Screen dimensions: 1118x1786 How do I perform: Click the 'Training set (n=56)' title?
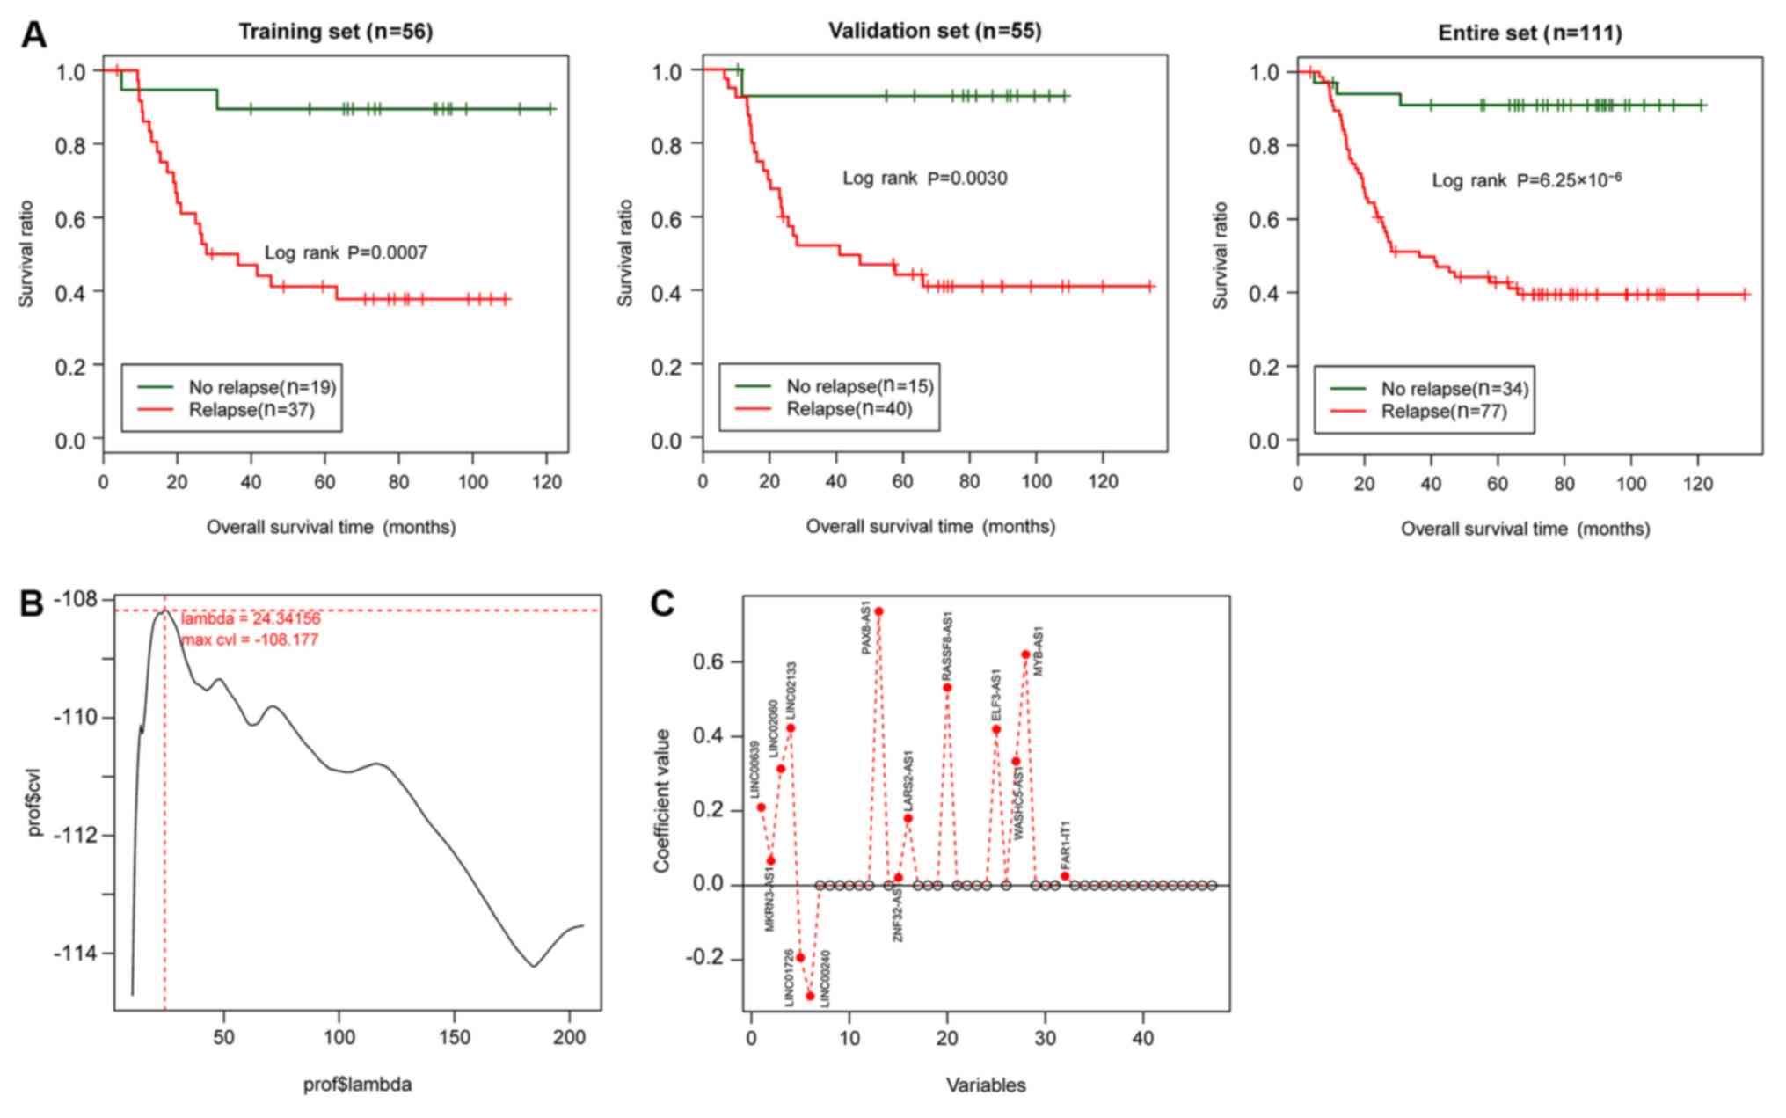point(335,32)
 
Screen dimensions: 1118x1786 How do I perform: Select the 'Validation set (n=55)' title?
point(934,31)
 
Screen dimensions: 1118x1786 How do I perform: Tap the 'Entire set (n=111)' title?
point(1529,33)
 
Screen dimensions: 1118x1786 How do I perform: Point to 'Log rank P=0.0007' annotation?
point(346,253)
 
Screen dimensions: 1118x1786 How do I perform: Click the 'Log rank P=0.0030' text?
point(924,179)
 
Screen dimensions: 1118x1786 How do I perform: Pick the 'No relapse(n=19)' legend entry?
point(262,387)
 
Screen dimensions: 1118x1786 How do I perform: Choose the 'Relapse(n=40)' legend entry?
point(849,409)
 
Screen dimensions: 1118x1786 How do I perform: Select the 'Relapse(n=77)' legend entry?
point(1443,412)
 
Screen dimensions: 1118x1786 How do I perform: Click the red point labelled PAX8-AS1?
point(878,611)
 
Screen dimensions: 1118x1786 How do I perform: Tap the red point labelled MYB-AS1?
point(1025,654)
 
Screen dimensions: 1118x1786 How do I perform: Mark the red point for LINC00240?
point(810,996)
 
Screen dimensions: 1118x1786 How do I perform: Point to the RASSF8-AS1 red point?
point(947,688)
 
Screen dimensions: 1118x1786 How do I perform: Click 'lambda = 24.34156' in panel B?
point(251,619)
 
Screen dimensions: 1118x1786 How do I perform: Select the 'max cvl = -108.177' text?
point(251,640)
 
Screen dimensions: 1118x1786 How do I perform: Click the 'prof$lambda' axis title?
point(357,1085)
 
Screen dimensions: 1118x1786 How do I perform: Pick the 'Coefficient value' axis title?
point(662,800)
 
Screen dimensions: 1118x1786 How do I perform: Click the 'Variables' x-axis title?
point(986,1085)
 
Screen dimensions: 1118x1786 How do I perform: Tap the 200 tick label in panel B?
point(569,1038)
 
